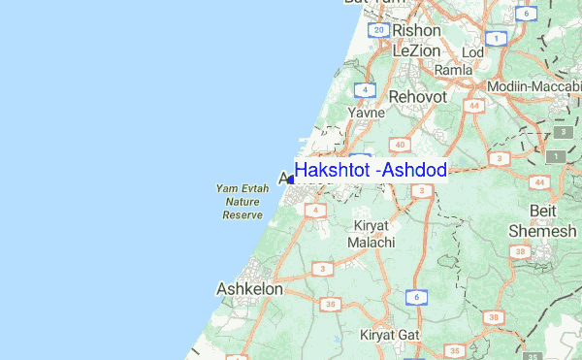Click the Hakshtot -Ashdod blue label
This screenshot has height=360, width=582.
[370, 171]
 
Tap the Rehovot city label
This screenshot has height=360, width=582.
[417, 97]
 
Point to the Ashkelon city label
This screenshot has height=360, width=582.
[249, 288]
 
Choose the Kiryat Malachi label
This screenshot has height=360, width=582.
[370, 234]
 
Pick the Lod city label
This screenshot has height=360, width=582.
[473, 51]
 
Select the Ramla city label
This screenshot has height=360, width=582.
[453, 70]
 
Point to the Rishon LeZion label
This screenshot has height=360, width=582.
[417, 41]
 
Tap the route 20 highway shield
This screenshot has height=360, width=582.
[378, 29]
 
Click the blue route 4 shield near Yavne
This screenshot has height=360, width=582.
[364, 90]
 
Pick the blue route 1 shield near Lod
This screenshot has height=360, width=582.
[496, 39]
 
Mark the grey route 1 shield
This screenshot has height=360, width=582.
[558, 156]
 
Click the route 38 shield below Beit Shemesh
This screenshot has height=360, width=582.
[521, 252]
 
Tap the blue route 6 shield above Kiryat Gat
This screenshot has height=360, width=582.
[416, 296]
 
